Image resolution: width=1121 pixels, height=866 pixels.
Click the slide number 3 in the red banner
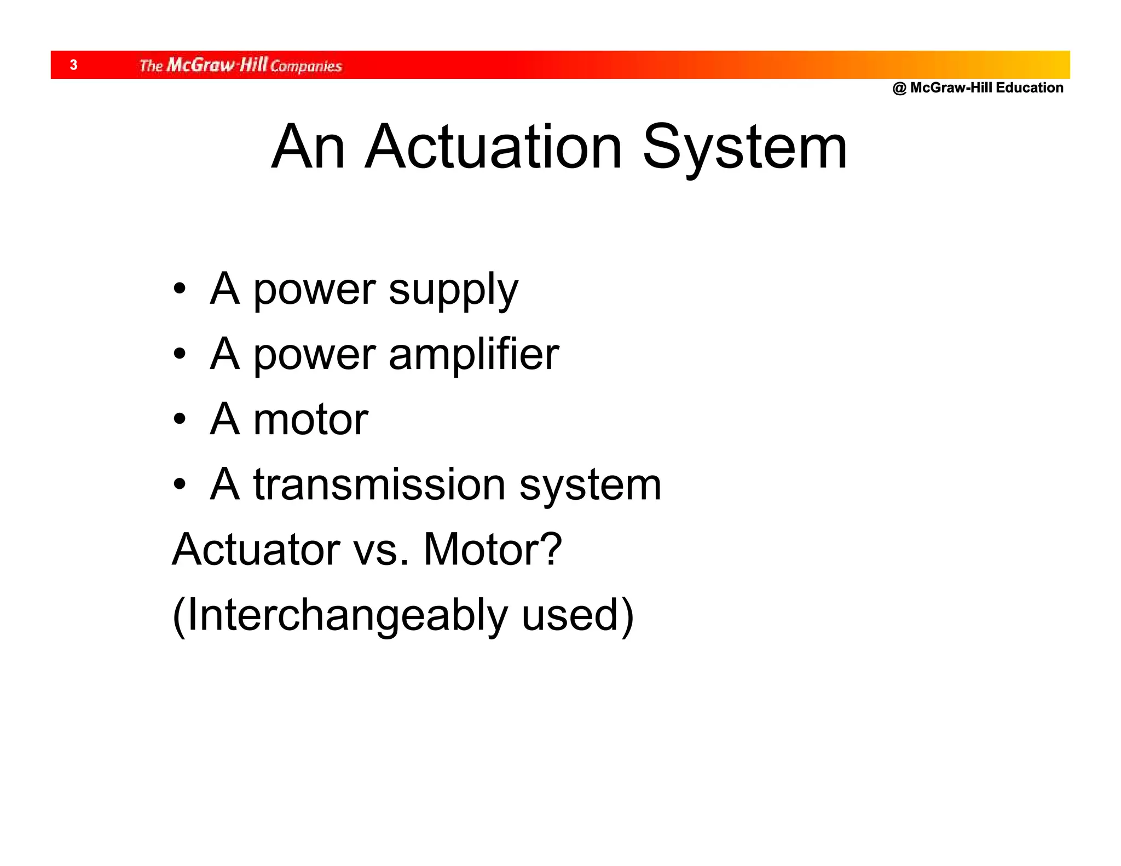point(74,65)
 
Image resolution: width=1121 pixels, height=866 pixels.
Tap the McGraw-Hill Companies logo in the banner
point(240,65)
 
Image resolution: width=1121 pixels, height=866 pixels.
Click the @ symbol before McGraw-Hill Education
point(899,88)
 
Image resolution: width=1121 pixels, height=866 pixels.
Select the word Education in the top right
point(1030,88)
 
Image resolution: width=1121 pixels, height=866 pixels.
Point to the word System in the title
point(744,148)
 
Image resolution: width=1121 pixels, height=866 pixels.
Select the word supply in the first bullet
point(453,290)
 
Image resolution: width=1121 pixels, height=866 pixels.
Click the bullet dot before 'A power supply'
point(180,288)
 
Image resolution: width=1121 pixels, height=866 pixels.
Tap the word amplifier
point(473,354)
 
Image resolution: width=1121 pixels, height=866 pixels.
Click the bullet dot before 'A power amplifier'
point(180,354)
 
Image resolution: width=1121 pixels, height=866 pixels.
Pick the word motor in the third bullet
point(310,419)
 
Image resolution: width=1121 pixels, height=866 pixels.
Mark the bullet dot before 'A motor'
point(180,419)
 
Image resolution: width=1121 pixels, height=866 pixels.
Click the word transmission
point(379,484)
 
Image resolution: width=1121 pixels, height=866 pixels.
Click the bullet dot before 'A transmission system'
point(180,484)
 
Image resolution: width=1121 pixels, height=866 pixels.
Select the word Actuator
point(256,549)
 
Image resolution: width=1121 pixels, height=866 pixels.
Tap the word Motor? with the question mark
point(493,549)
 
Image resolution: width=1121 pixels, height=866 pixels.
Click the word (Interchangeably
point(340,615)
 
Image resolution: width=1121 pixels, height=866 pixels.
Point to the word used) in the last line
point(577,615)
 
